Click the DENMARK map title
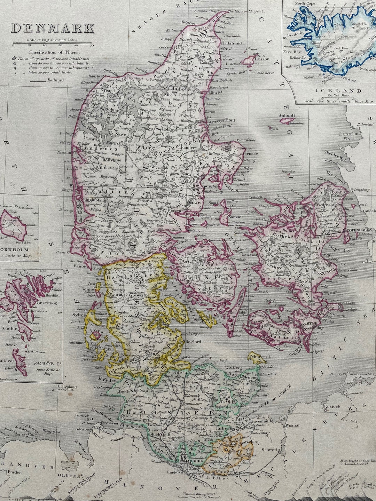[53, 29]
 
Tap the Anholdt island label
[287, 116]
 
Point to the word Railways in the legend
[57, 80]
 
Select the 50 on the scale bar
[92, 45]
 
